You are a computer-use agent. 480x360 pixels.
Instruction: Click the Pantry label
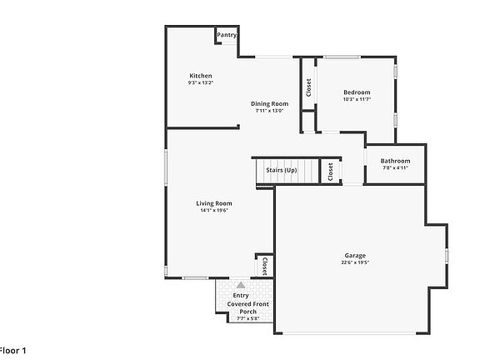click(x=227, y=35)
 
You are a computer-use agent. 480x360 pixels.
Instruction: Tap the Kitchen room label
click(x=201, y=76)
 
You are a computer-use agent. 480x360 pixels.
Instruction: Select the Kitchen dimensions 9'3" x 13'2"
click(x=201, y=82)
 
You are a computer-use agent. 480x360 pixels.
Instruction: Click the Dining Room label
click(x=269, y=103)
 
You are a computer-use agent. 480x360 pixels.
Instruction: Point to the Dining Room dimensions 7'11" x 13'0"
click(x=269, y=110)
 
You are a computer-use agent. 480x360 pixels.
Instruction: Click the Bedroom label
click(x=356, y=92)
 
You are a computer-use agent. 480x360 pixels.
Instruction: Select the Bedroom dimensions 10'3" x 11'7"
click(x=356, y=98)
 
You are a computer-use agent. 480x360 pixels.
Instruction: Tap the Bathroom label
click(x=395, y=161)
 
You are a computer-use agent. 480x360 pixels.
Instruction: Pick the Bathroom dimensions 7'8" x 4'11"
click(x=395, y=167)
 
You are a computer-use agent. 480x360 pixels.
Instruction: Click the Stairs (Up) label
click(x=281, y=170)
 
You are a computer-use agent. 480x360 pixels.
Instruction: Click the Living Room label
click(x=214, y=203)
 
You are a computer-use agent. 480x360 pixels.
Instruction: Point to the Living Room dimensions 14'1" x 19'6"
click(x=214, y=210)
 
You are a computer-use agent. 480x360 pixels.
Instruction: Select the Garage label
click(x=356, y=256)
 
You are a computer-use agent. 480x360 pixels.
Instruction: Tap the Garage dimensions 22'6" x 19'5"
click(x=356, y=262)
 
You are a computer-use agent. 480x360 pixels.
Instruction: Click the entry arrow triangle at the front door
click(x=241, y=285)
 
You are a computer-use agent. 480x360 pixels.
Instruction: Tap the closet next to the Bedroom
click(x=308, y=87)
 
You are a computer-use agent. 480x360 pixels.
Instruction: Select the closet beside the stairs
click(x=330, y=172)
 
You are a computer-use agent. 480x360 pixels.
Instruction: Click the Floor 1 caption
click(x=13, y=351)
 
